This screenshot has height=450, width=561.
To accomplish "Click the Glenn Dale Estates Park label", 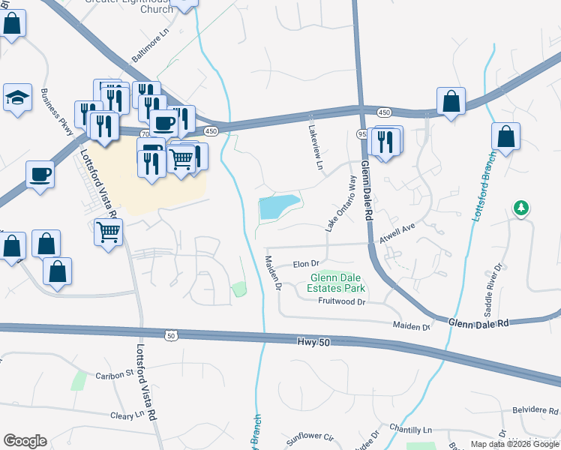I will [x=337, y=283].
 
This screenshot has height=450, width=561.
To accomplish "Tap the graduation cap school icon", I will [x=17, y=97].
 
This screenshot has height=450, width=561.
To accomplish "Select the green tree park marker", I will [x=520, y=208].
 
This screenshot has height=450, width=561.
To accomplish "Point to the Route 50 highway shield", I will [x=172, y=335].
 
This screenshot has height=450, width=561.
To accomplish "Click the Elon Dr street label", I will [x=306, y=264].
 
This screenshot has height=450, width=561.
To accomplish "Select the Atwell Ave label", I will [x=397, y=232].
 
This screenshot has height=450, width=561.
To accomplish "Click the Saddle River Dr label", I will [x=493, y=289].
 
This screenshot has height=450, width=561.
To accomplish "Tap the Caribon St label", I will [x=113, y=373].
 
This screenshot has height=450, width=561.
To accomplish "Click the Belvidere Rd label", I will [x=535, y=411].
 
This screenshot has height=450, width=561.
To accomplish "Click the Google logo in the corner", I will [x=25, y=441].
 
